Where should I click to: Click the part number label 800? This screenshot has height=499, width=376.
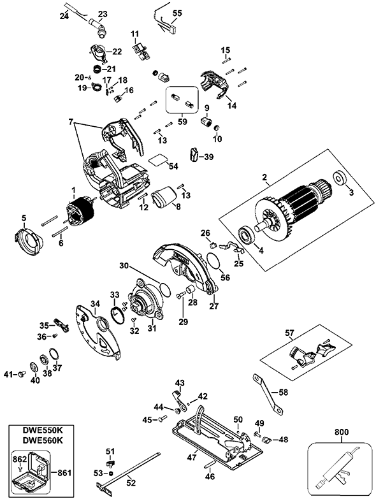pos(342,432)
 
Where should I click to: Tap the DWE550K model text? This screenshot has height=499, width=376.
pos(41,431)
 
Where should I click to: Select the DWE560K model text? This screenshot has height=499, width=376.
pos(41,441)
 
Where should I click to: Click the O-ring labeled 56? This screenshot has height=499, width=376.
pos(213,261)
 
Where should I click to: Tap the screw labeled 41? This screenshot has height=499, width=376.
pos(22,374)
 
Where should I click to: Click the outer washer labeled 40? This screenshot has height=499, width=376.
pos(33,367)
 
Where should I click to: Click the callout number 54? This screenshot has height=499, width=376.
pos(173,166)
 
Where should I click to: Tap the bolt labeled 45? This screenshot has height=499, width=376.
pos(163,419)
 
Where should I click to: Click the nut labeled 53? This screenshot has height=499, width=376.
pos(111,473)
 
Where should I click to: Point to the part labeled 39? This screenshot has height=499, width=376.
pos(194,154)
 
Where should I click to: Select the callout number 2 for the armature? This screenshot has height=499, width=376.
pos(264,177)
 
